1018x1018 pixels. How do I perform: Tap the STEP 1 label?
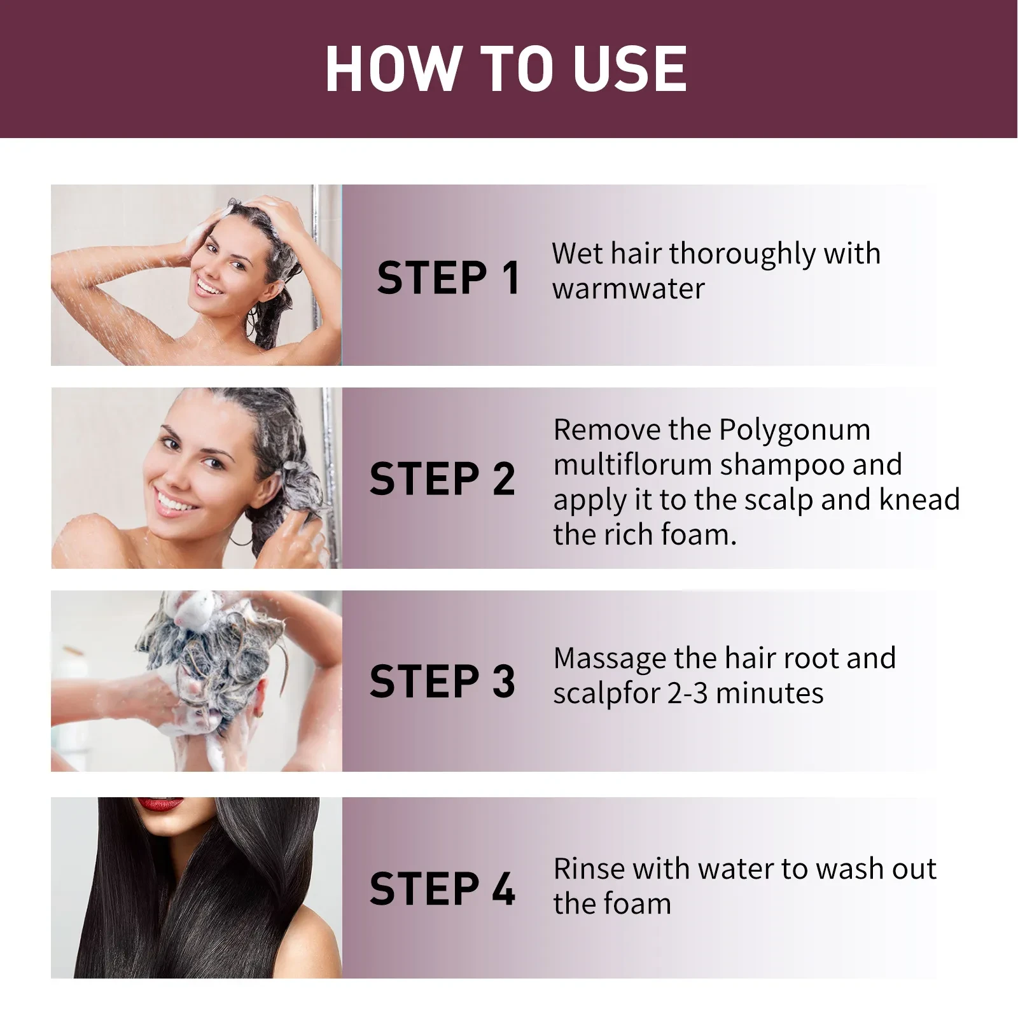click(449, 278)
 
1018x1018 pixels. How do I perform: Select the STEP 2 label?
click(442, 479)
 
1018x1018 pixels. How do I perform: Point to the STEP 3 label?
click(442, 681)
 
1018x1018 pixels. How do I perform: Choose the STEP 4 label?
click(442, 889)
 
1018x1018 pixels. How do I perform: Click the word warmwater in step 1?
click(629, 289)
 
